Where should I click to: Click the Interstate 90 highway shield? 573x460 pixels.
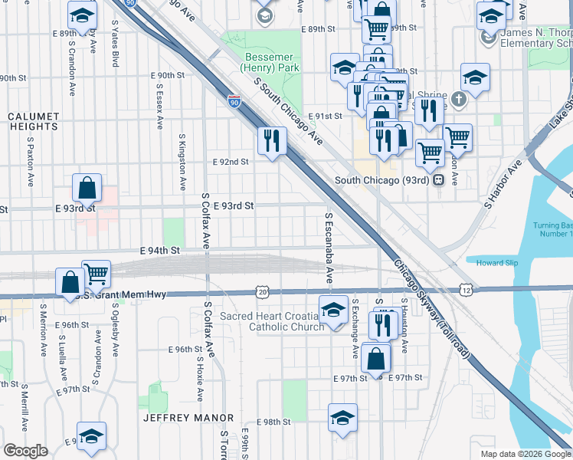[234, 100]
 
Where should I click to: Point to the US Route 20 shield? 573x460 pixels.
[263, 292]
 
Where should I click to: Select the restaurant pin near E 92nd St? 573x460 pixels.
[271, 140]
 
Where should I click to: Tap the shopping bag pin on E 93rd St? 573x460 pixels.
[87, 187]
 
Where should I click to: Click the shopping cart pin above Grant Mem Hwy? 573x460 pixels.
[96, 273]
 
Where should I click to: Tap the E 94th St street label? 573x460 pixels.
[159, 251]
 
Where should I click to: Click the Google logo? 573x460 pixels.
[25, 451]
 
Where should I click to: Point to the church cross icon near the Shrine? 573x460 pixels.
[458, 99]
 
